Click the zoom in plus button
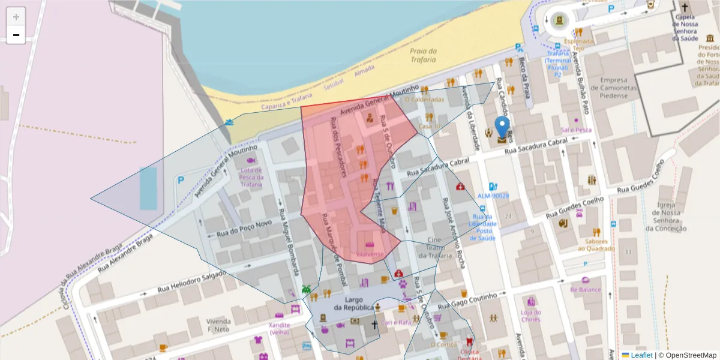point(16,17)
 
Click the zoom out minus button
point(16,35)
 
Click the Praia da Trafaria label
point(424,55)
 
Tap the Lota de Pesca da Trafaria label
point(251,177)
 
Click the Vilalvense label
point(370,254)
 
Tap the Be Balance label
point(586,289)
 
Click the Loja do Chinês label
point(530,316)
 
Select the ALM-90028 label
point(493,196)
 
